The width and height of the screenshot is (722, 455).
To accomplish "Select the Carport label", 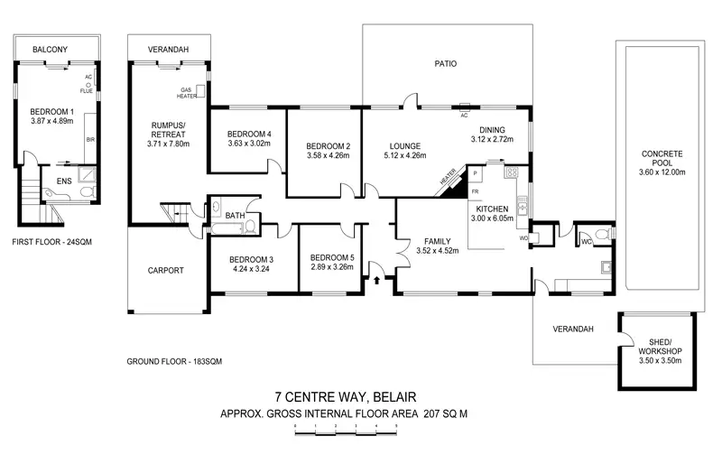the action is tap(165, 270).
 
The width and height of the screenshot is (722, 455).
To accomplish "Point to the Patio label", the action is tap(446, 64).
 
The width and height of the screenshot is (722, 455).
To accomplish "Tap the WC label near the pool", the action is tap(587, 241).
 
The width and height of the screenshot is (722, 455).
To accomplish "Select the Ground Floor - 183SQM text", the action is tap(174, 361).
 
